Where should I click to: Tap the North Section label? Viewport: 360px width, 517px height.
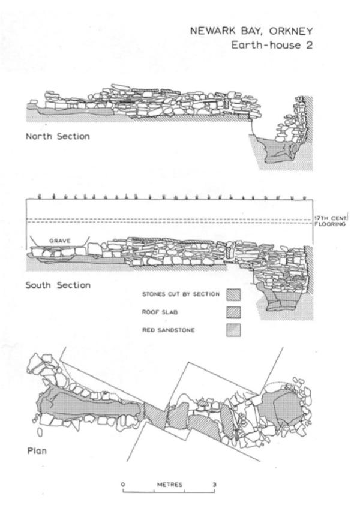coord(58,136)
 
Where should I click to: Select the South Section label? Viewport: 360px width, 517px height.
coord(58,285)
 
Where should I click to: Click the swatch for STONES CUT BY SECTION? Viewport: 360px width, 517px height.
coord(232,294)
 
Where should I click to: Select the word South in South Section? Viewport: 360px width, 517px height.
coord(40,285)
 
